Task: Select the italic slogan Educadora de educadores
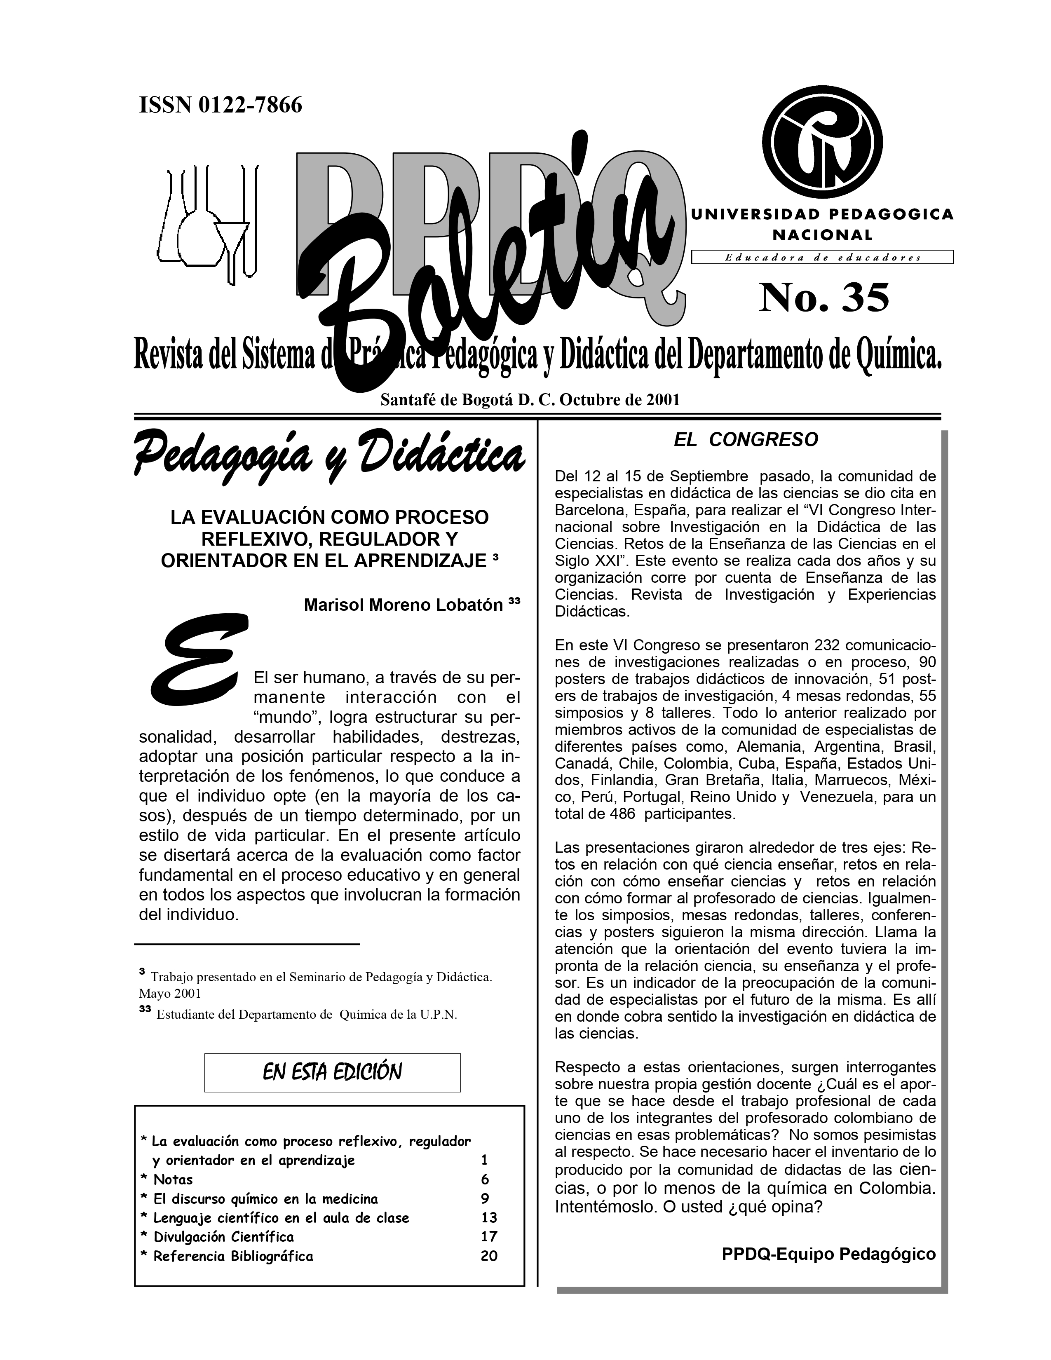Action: pyautogui.click(x=822, y=257)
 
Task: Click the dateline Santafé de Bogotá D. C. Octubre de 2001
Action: pyautogui.click(x=530, y=399)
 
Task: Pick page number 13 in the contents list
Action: pyautogui.click(x=489, y=1217)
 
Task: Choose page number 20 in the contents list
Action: pyautogui.click(x=489, y=1256)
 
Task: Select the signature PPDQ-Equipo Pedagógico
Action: pyautogui.click(x=828, y=1254)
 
